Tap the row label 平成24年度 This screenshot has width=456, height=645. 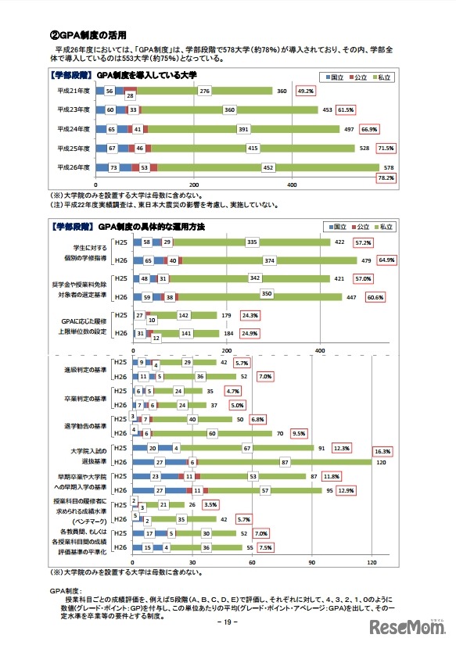point(74,129)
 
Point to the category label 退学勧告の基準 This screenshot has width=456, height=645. point(86,426)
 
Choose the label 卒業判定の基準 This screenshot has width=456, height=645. point(86,398)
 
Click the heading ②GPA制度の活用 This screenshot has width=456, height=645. point(78,34)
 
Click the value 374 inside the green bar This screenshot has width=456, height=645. point(270,260)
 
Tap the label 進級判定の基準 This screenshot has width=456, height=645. point(86,369)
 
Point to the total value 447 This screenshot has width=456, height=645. point(351,297)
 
